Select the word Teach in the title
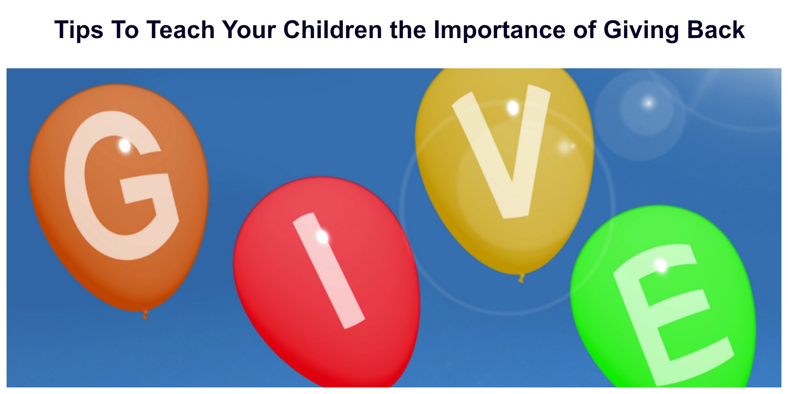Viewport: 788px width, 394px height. tap(180, 30)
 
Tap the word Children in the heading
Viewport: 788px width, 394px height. tap(333, 30)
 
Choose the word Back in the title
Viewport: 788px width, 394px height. tap(716, 30)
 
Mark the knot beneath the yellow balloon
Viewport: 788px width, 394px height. tap(521, 278)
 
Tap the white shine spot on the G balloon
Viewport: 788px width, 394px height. tap(125, 145)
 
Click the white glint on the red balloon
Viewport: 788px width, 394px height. tap(322, 236)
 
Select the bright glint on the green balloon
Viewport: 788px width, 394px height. tap(661, 265)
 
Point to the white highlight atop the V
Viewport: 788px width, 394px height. tap(513, 107)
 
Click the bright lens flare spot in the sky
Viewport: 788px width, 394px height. tap(648, 103)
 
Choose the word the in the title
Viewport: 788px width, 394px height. tap(408, 30)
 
